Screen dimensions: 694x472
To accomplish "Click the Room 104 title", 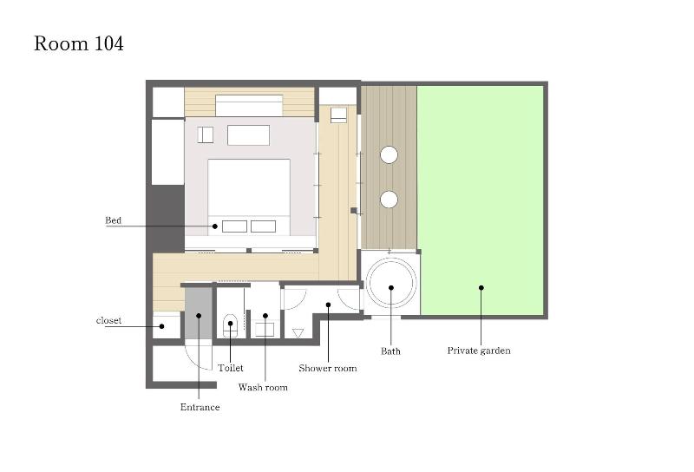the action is click(x=79, y=44).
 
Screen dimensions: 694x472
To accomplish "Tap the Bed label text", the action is click(x=113, y=220).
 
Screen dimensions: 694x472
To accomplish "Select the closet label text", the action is click(x=108, y=320).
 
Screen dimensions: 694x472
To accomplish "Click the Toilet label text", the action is click(x=231, y=368).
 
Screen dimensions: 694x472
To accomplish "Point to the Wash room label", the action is click(x=263, y=388).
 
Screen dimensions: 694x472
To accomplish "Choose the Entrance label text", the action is click(x=200, y=407).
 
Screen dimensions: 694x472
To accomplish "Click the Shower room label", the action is click(x=328, y=369).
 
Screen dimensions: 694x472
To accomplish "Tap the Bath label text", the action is click(x=390, y=351).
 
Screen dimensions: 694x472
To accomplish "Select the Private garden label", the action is click(x=479, y=351).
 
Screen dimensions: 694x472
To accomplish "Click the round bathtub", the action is click(x=391, y=283).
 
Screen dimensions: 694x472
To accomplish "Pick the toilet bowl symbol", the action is click(x=231, y=325).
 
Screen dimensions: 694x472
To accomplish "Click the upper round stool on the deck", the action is click(x=389, y=155).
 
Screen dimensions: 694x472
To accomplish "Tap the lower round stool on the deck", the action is click(x=389, y=200).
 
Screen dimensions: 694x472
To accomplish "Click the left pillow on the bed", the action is click(x=234, y=226).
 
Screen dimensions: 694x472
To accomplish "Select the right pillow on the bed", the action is click(x=264, y=226).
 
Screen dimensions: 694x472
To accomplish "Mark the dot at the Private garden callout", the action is click(x=481, y=288).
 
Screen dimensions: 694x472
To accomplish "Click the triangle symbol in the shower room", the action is click(x=298, y=333).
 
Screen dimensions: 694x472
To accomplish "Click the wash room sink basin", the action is click(x=265, y=330).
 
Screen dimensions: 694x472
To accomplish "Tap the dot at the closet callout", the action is click(x=162, y=326).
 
